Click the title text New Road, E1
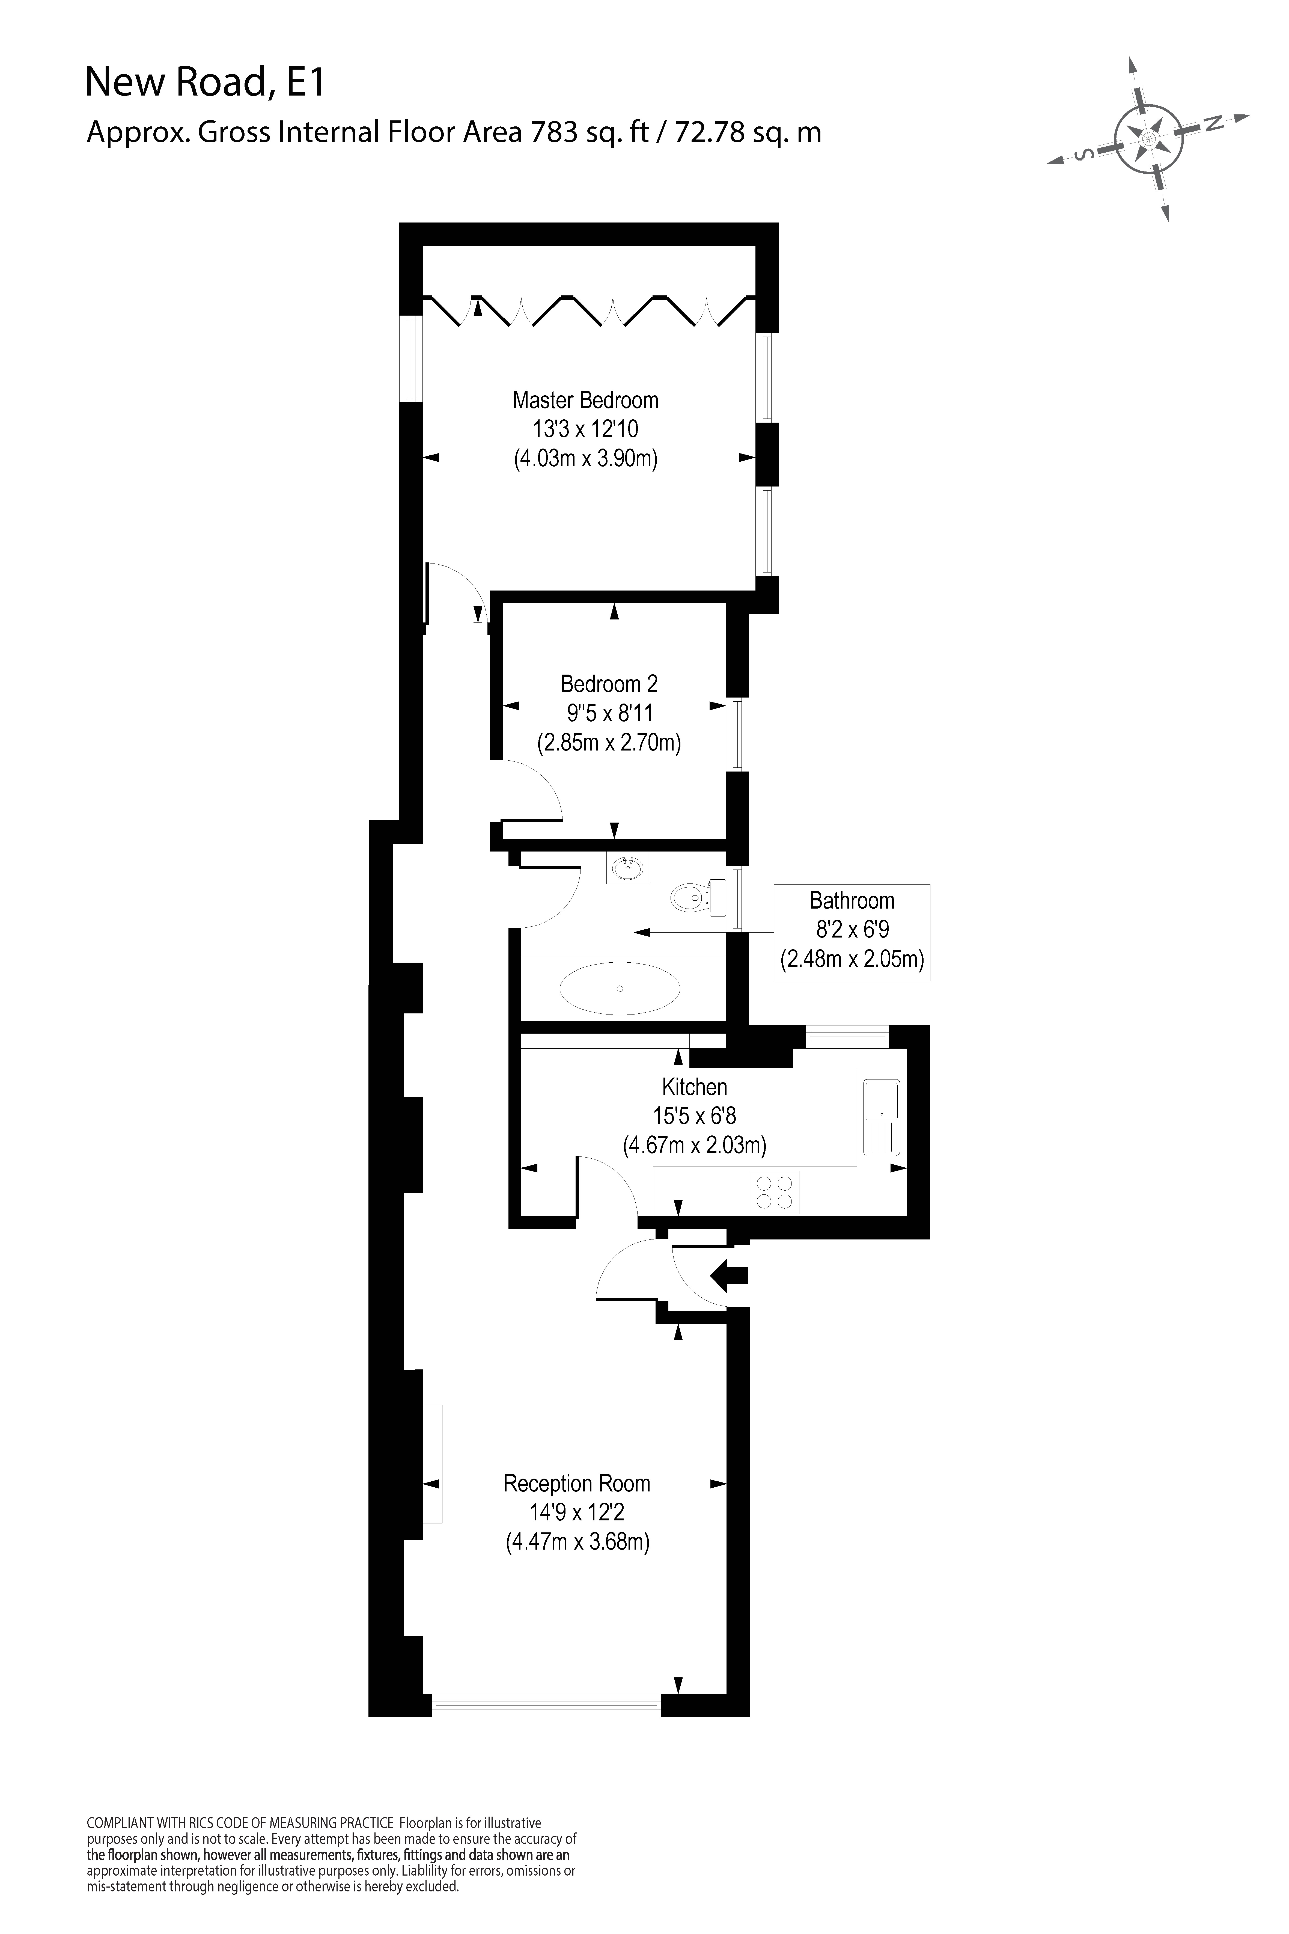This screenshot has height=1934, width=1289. pyautogui.click(x=206, y=83)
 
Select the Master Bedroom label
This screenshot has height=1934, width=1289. pyautogui.click(x=585, y=401)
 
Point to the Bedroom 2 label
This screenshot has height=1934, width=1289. pyautogui.click(x=609, y=684)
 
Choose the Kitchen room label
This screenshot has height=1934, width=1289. pyautogui.click(x=695, y=1087)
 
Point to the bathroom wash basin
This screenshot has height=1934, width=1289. pyautogui.click(x=628, y=868)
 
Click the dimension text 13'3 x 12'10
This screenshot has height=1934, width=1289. pyautogui.click(x=585, y=429)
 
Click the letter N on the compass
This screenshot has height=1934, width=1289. pyautogui.click(x=1213, y=123)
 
